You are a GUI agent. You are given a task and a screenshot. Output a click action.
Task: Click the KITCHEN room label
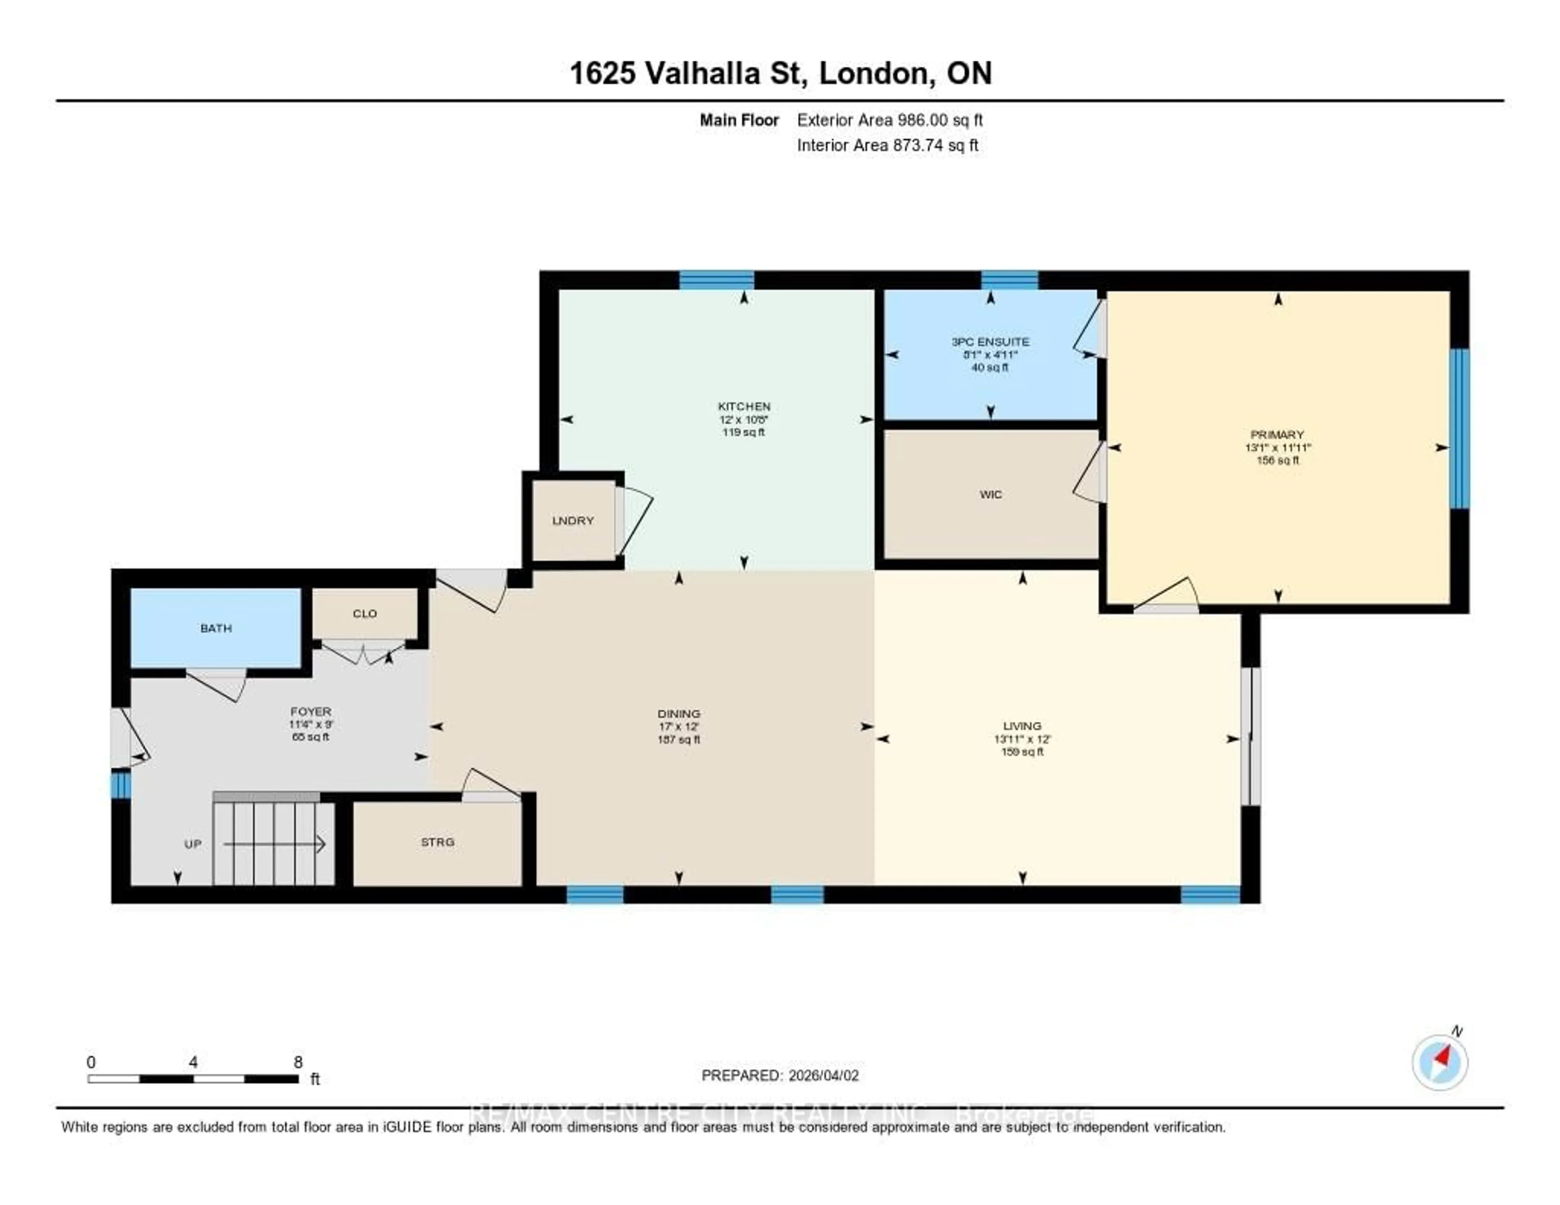743,406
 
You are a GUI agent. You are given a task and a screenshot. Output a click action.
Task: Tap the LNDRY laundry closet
573,521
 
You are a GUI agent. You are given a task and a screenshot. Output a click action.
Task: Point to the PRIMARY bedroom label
1277,434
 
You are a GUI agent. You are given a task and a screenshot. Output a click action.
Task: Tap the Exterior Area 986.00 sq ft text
889,120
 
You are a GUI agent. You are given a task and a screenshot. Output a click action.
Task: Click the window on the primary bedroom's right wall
1459,429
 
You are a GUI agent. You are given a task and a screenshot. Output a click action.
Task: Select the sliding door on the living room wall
1250,736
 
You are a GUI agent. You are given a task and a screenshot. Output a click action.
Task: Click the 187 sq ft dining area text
678,740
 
